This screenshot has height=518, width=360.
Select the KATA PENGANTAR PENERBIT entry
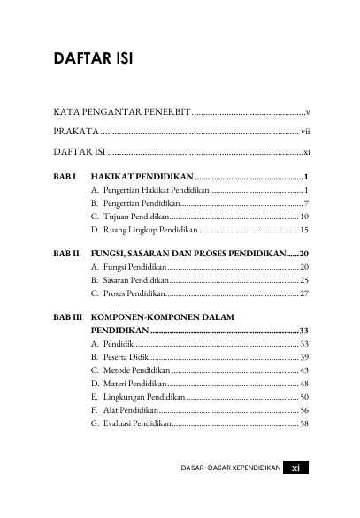120,113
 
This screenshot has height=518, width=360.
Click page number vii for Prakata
303,132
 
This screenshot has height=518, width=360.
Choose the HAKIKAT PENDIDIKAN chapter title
141,178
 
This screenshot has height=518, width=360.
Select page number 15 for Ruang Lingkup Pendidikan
303,230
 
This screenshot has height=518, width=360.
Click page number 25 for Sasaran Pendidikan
303,279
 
